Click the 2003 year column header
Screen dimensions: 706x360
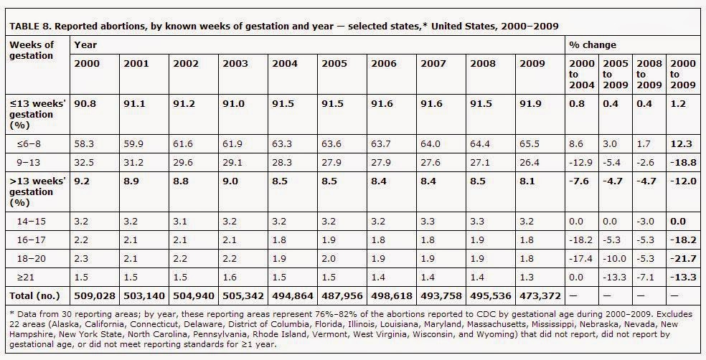(235, 63)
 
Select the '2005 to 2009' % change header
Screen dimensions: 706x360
(615, 74)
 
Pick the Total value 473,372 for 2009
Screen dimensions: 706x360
(540, 295)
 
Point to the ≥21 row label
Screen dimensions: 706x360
(26, 278)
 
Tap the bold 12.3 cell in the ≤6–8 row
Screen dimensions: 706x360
(681, 144)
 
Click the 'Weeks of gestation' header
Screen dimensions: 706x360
(32, 50)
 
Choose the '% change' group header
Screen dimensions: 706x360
(593, 44)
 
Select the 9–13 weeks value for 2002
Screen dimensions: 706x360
(183, 162)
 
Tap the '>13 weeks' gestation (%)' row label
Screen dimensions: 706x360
(37, 191)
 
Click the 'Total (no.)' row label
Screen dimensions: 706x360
(34, 295)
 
